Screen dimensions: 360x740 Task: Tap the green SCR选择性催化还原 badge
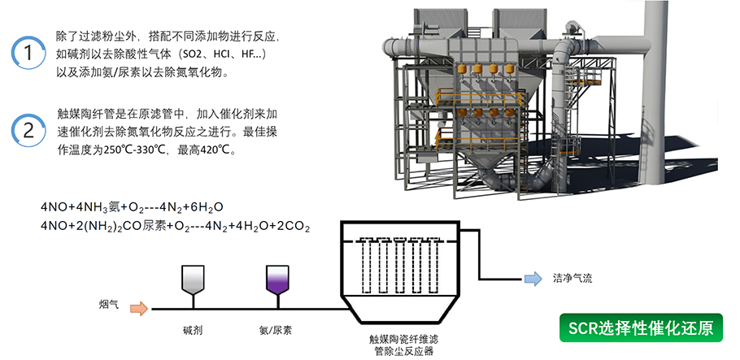[641, 328]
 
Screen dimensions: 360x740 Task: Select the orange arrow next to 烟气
[139, 308]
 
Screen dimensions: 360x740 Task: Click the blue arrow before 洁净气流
[532, 280]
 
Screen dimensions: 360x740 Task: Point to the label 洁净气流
[572, 280]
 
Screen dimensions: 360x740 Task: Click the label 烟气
[109, 305]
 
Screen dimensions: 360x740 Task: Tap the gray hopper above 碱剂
[194, 278]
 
